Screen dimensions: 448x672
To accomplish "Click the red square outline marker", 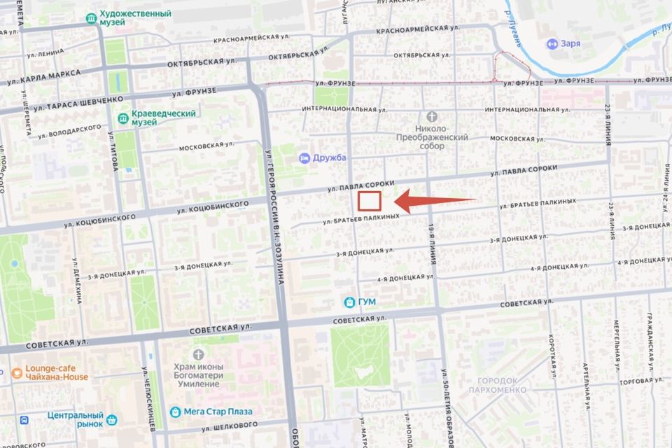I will point(369,202).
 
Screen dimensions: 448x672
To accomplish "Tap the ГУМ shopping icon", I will point(349,302).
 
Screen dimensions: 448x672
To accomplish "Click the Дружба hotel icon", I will point(304,157).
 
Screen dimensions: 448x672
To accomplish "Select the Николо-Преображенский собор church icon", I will point(432,116).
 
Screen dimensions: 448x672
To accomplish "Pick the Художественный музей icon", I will point(92,17).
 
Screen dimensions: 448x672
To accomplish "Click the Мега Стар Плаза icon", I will point(176,412).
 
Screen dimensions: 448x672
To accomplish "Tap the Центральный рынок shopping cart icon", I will point(112,421).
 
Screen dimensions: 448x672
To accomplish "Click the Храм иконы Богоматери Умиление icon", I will point(198,354).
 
